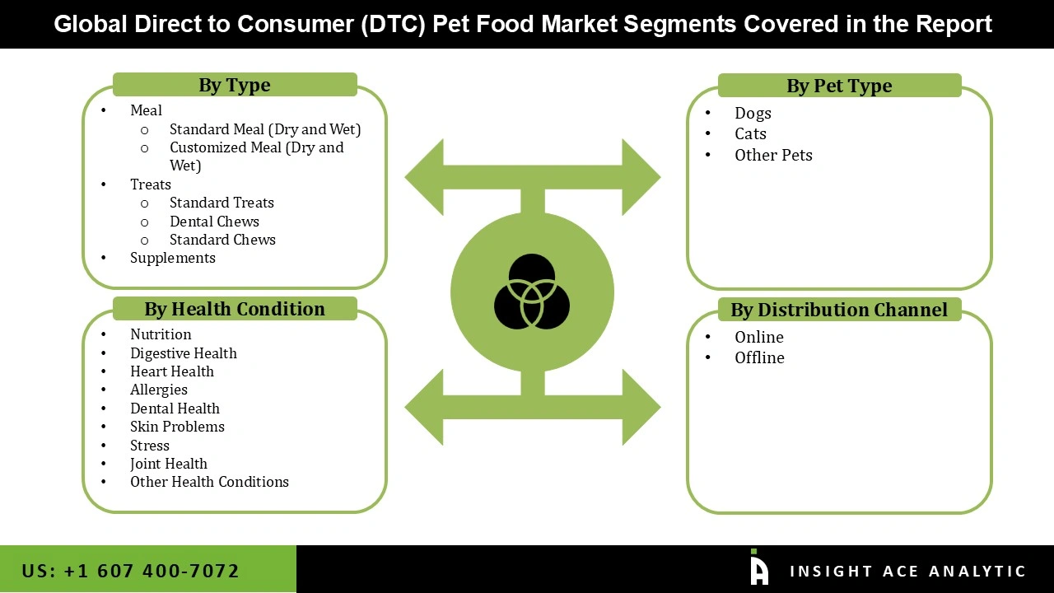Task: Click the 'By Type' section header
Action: tap(234, 85)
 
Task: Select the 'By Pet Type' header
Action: tap(838, 86)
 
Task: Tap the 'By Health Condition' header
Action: tap(234, 309)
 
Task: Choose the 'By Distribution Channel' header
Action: tap(838, 310)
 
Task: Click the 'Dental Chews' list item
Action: tap(214, 222)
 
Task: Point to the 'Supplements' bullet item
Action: tap(172, 258)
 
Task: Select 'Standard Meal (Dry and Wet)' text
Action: tap(265, 129)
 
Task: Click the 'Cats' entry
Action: tap(750, 133)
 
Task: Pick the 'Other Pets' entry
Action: tap(773, 155)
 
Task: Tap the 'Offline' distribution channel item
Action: tap(759, 357)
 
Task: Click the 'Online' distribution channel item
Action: tap(758, 337)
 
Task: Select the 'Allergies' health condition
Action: tap(158, 390)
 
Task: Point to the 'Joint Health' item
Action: tap(168, 464)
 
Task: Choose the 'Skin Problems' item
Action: tap(177, 427)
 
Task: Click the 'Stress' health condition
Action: tap(149, 446)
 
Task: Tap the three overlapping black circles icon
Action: tap(532, 292)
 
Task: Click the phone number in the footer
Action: tap(130, 571)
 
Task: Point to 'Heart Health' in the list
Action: tap(171, 371)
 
